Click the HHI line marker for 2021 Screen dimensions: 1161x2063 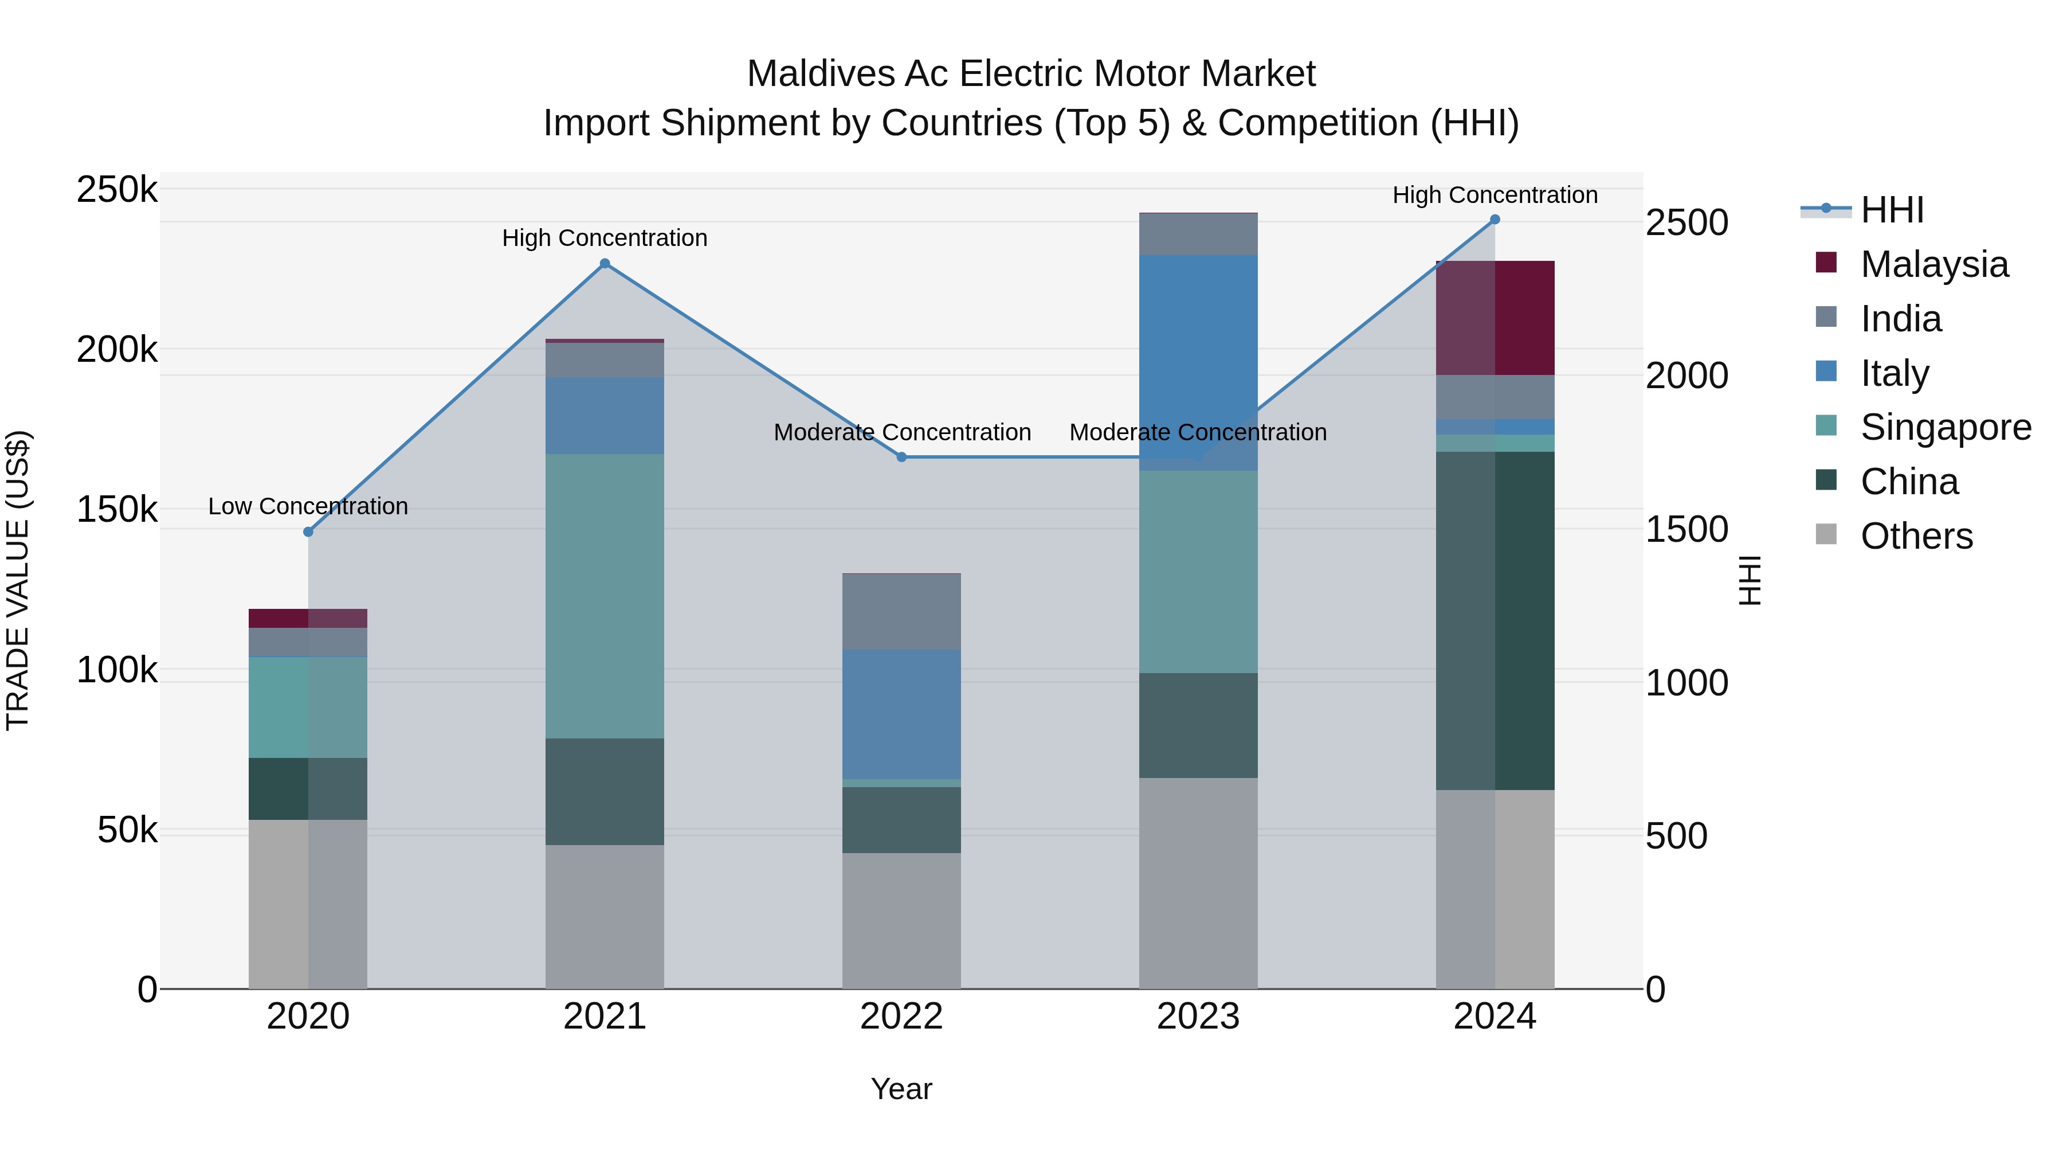[x=605, y=264]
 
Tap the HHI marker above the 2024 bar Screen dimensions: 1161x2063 [x=1495, y=220]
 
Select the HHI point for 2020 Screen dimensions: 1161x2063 [x=308, y=532]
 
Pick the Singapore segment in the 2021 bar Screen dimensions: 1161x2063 [x=605, y=596]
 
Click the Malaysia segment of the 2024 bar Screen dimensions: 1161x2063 [x=1495, y=318]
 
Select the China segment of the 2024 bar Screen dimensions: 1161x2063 [x=1495, y=621]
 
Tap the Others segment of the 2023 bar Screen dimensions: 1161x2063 [x=1198, y=883]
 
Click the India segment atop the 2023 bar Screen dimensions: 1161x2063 [x=1198, y=234]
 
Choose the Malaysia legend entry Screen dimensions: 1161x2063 [x=1933, y=264]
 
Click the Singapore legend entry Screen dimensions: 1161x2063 [x=1944, y=427]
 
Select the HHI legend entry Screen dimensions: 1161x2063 [x=1892, y=210]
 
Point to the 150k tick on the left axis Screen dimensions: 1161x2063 [x=117, y=510]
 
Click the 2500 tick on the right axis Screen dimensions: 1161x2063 [x=1687, y=223]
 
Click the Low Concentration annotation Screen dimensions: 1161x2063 [x=308, y=506]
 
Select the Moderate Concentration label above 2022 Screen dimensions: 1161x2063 [x=902, y=433]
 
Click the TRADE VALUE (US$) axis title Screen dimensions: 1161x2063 [x=18, y=580]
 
